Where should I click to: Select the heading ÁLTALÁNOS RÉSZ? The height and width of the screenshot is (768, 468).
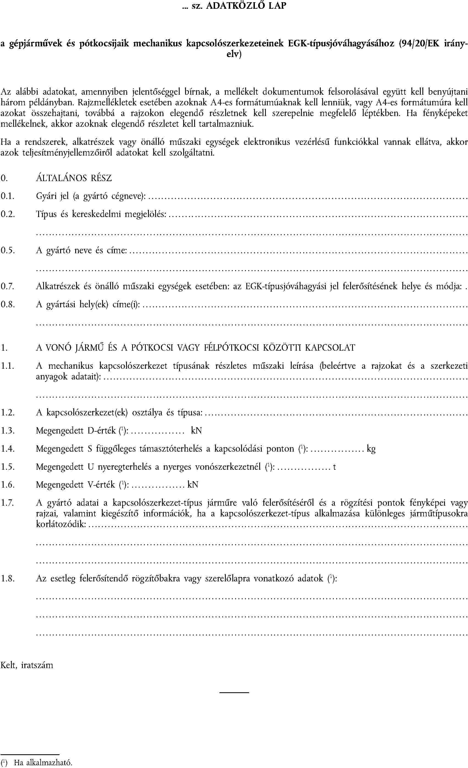(74, 178)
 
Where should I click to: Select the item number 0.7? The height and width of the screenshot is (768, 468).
(7, 286)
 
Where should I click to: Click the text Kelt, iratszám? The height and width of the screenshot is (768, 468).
(27, 665)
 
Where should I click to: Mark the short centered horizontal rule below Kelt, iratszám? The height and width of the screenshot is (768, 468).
(234, 693)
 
